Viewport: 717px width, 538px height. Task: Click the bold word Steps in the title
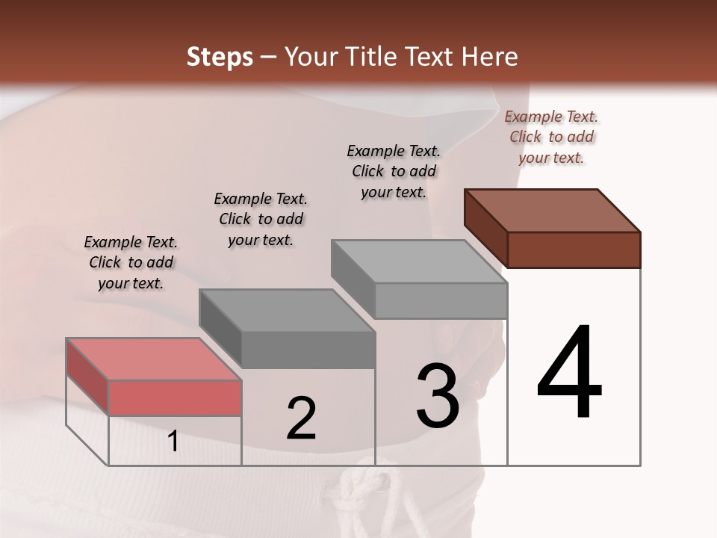(x=219, y=57)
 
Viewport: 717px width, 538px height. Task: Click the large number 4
(x=569, y=373)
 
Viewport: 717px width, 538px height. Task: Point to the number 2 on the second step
(x=301, y=418)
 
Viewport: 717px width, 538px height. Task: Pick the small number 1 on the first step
(x=173, y=441)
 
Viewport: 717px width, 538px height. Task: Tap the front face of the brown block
(x=574, y=250)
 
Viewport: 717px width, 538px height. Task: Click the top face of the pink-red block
(x=153, y=359)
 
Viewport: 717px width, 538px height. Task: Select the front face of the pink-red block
(x=175, y=398)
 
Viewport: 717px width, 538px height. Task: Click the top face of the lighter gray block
(x=419, y=262)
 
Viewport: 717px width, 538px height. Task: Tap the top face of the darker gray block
(x=287, y=310)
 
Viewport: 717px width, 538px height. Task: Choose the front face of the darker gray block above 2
(x=308, y=350)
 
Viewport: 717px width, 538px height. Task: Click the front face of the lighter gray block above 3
(x=441, y=300)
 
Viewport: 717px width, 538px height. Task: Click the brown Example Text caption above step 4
(x=551, y=137)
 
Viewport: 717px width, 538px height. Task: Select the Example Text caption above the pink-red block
(x=131, y=262)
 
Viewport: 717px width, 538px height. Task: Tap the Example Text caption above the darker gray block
(x=261, y=219)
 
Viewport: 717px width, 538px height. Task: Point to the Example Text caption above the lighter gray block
(x=394, y=171)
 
